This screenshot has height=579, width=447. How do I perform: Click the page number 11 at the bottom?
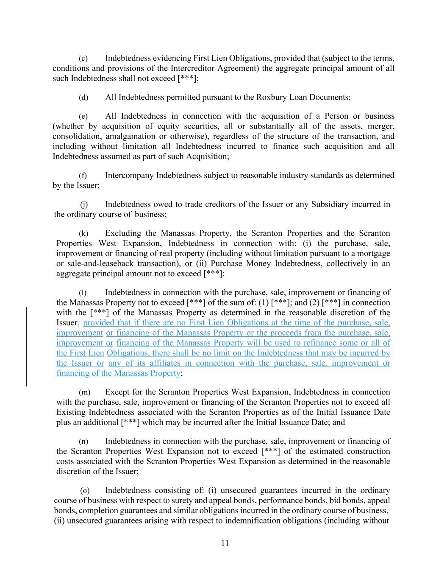tap(225, 543)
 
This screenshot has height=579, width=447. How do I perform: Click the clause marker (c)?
tap(83, 58)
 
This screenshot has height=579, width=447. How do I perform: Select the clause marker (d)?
tap(83, 98)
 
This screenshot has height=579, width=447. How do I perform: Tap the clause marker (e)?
tap(83, 116)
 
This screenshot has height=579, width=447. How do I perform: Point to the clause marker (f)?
tap(83, 176)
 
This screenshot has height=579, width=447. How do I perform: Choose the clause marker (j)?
tap(84, 204)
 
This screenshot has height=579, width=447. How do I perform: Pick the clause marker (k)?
tap(83, 233)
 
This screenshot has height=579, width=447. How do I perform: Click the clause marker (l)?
tap(83, 293)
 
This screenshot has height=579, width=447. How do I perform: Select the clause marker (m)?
tap(84, 392)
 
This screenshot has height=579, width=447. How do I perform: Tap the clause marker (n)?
tap(83, 442)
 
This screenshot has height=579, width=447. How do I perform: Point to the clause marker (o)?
tap(85, 491)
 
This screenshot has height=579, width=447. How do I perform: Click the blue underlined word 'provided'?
tap(97, 323)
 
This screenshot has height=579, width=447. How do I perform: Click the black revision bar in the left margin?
tap(27, 347)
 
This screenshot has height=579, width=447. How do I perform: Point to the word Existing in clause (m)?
tap(71, 412)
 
